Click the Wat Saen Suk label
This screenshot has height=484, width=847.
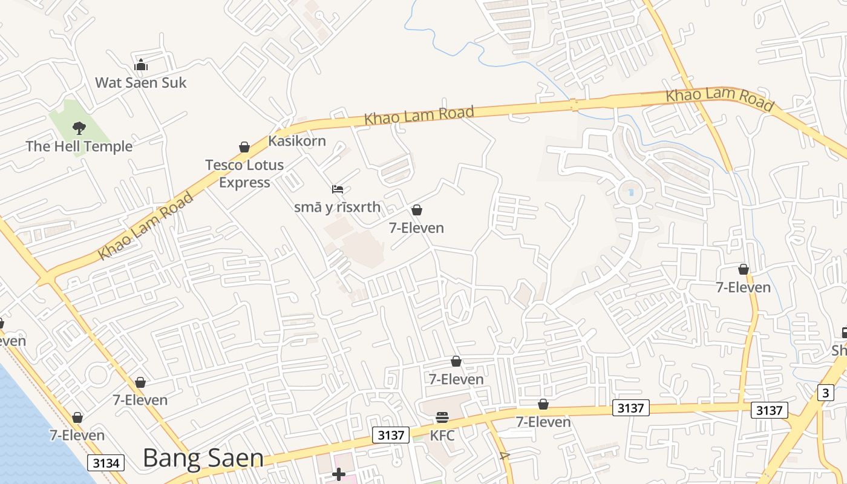[x=141, y=83]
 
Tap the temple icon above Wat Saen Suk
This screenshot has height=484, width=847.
[x=141, y=65]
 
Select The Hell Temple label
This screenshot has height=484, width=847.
[x=79, y=146]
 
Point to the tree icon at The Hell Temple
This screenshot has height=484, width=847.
[x=79, y=128]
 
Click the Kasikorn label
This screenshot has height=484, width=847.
[x=297, y=141]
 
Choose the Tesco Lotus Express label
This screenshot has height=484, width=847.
[x=244, y=174]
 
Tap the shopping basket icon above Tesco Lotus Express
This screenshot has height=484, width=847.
[x=244, y=147]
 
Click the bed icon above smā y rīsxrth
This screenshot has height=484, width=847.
[x=338, y=189]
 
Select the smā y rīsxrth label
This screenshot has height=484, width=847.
[x=338, y=207]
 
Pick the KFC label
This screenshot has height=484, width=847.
[x=442, y=435]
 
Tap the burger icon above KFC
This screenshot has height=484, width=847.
[x=442, y=417]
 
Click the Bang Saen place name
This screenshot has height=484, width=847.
[x=203, y=459]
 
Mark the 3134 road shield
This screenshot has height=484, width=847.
[x=106, y=463]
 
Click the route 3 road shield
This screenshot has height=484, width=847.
[x=825, y=392]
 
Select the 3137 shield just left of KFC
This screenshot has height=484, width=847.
[x=390, y=434]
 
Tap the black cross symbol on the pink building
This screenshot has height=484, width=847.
[x=339, y=474]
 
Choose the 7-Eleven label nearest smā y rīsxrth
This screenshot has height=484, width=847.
[x=416, y=228]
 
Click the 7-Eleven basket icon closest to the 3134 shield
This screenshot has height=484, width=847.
[x=77, y=417]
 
